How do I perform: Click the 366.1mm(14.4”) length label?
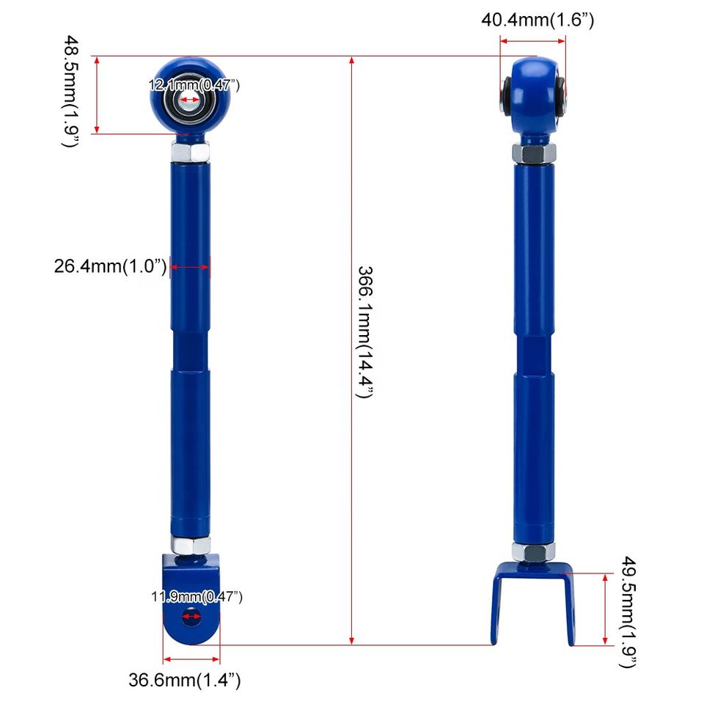(x=365, y=331)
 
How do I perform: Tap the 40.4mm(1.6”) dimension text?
(x=538, y=20)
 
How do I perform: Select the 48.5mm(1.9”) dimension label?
(x=71, y=91)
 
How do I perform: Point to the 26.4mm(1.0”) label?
(x=110, y=265)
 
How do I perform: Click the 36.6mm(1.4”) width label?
(x=185, y=680)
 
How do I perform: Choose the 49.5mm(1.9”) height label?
(x=628, y=612)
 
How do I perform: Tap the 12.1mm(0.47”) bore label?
(x=194, y=85)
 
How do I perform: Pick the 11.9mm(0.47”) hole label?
(x=197, y=597)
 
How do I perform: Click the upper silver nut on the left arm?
(x=190, y=152)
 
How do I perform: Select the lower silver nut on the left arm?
(x=191, y=545)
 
